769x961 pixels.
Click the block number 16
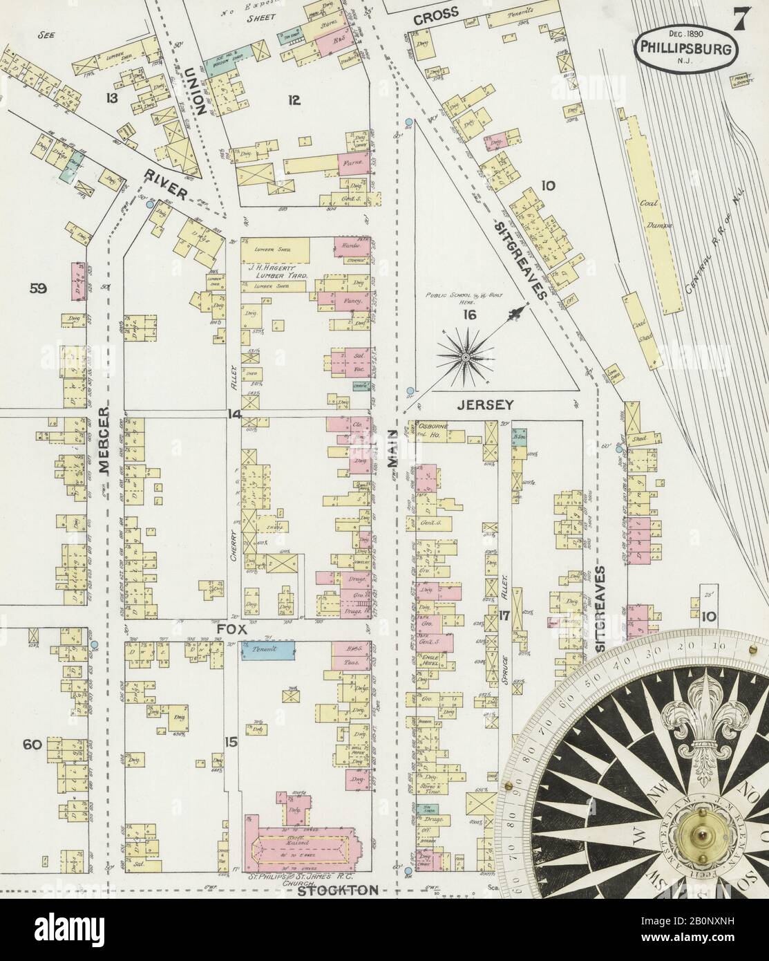[x=470, y=315]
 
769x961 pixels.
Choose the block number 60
[x=32, y=745]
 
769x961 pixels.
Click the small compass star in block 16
[x=466, y=356]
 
